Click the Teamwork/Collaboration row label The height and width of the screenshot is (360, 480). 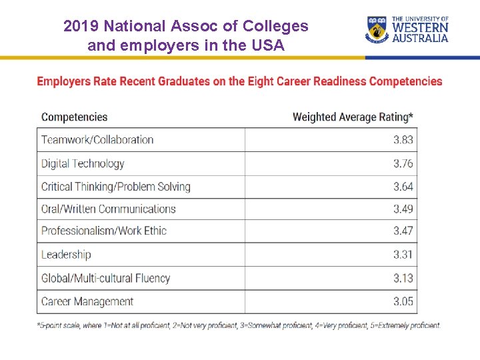click(97, 140)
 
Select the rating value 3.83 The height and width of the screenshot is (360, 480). click(403, 140)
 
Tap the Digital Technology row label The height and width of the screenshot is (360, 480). click(83, 163)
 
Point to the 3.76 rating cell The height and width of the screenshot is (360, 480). click(403, 163)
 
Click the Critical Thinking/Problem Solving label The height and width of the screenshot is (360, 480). click(116, 187)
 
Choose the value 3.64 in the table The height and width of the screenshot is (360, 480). click(403, 187)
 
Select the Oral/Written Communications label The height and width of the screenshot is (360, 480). click(109, 209)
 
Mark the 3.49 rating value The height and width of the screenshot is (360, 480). click(403, 209)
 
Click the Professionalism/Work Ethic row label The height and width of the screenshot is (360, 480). click(104, 231)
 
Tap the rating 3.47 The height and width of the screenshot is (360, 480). click(403, 231)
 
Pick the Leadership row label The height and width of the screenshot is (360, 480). click(66, 255)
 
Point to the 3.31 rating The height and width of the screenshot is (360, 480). click(403, 255)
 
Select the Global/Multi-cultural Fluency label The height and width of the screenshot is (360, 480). click(105, 278)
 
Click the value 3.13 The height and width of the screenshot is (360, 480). click(403, 278)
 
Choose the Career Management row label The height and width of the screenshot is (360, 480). click(87, 301)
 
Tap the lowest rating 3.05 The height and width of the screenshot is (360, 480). click(403, 301)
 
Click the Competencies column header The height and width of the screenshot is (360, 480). click(74, 117)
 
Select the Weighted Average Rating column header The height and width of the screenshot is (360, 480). click(353, 117)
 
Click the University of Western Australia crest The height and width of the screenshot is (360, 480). click(377, 30)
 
